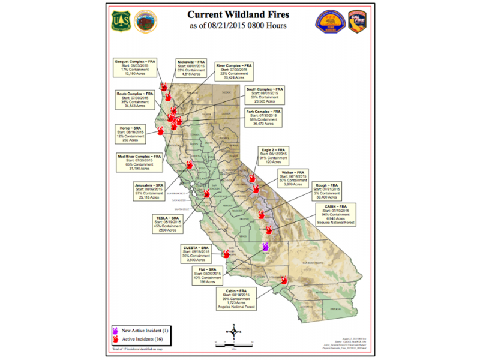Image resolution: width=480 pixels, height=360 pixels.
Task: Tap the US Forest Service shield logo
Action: [x=117, y=22]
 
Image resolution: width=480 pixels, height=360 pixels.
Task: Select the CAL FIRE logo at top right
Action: [x=358, y=21]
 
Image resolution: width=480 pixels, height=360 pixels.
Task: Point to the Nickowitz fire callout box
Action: [x=191, y=68]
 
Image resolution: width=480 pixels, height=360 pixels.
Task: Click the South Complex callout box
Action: [x=265, y=97]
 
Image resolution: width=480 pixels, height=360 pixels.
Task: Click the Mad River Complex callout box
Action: [x=139, y=164]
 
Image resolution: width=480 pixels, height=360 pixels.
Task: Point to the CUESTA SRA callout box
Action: [x=201, y=254]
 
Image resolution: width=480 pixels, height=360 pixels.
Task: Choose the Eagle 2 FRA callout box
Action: [x=276, y=155]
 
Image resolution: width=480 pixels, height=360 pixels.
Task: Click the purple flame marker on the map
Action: [x=266, y=247]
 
